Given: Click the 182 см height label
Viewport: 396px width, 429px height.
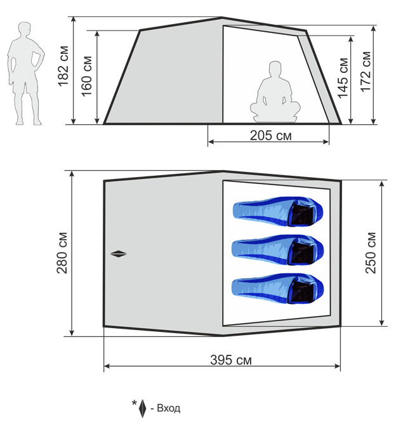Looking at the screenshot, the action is [x=63, y=66].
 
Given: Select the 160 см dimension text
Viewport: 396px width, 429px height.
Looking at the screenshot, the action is [x=87, y=76].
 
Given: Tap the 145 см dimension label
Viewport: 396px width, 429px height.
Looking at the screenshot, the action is [x=343, y=77].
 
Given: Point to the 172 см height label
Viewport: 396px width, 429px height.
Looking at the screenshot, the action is [x=366, y=71].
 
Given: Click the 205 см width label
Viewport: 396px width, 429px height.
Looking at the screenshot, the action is [x=270, y=135].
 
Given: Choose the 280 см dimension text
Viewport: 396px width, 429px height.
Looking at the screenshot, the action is [x=62, y=253].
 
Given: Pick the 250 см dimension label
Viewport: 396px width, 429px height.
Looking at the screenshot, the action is [x=371, y=253].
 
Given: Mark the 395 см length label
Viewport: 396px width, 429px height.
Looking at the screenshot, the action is [x=231, y=360].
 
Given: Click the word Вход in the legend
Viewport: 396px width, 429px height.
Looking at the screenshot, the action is [x=169, y=408].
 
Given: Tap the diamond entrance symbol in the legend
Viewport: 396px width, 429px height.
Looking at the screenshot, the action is [x=142, y=409].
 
